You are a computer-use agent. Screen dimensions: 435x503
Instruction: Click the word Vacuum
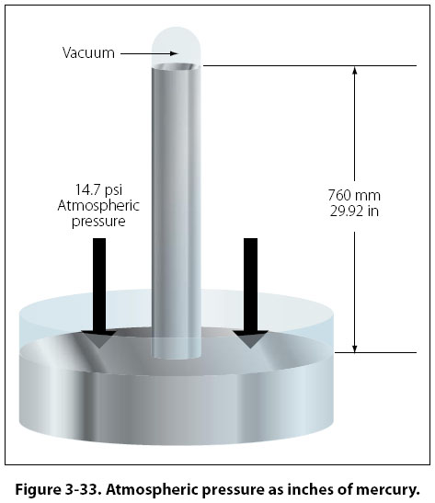[x=88, y=53]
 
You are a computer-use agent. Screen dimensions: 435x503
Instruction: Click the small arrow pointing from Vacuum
[x=149, y=53]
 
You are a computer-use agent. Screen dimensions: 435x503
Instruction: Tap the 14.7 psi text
[x=98, y=190]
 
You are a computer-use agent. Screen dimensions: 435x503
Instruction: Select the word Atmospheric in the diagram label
[x=98, y=206]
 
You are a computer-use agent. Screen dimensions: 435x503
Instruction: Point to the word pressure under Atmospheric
[x=98, y=222]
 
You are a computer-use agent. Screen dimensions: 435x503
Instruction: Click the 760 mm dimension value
[x=354, y=195]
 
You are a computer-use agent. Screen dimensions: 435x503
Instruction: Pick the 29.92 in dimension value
[x=354, y=211]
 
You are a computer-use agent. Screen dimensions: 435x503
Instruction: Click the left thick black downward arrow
[x=99, y=293]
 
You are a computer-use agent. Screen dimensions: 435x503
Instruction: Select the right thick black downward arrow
[x=250, y=293]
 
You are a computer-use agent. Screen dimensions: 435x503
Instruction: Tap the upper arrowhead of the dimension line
[x=354, y=70]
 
